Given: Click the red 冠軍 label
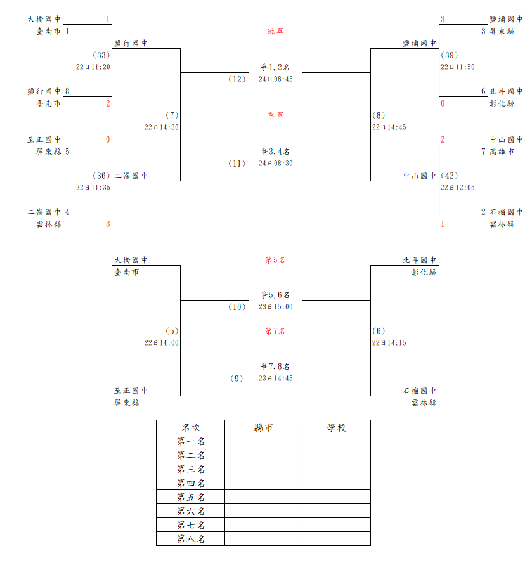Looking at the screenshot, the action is [x=275, y=31].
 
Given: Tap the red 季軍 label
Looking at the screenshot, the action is [x=275, y=115].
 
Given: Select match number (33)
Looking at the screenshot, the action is [x=101, y=55].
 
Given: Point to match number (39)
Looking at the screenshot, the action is [x=449, y=55].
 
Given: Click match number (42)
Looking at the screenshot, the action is [x=449, y=176].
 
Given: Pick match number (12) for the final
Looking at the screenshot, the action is [x=237, y=79].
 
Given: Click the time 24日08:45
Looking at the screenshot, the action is [x=276, y=79].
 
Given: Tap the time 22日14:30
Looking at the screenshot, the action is [x=162, y=127].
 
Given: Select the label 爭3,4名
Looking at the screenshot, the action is [x=275, y=152].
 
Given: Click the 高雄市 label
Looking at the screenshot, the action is [x=502, y=152].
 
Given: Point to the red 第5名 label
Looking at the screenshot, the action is [x=275, y=261].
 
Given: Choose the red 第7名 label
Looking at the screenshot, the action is [x=275, y=331].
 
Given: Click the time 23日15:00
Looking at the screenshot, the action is [x=276, y=307].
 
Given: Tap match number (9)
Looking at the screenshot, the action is [x=237, y=379].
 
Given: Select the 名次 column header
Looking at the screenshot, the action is [x=191, y=427].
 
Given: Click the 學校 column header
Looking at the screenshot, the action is [x=336, y=427].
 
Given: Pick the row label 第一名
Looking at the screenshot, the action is [x=191, y=441].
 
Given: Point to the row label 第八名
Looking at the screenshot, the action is [x=191, y=539].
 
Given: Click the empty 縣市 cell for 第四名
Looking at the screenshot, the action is [x=263, y=483].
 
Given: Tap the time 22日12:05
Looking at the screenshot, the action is [x=458, y=188].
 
